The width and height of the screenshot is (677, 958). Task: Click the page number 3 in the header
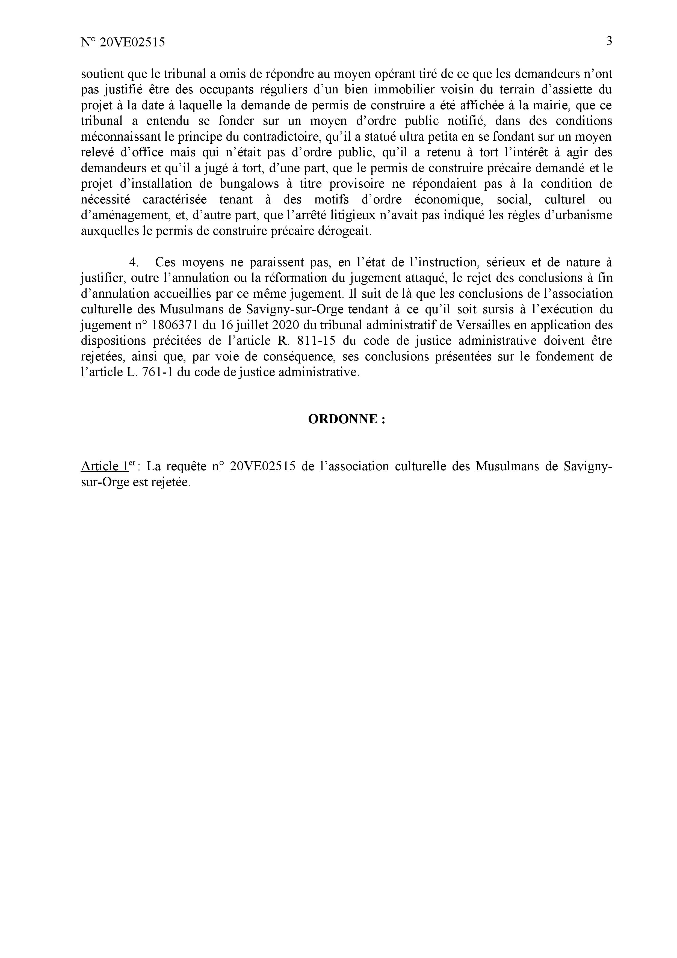(x=609, y=41)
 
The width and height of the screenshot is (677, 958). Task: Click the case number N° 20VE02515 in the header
(x=123, y=42)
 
